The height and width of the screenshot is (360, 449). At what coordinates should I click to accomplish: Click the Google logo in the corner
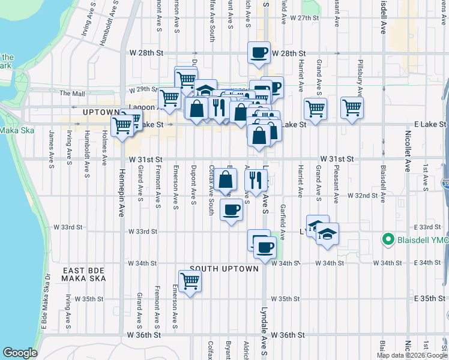(x=20, y=353)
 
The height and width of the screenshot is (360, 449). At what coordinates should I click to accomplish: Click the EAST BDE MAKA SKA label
(x=84, y=275)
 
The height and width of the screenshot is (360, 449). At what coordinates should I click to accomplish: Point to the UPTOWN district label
(x=102, y=112)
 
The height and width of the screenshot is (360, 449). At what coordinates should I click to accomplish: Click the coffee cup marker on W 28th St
(x=259, y=53)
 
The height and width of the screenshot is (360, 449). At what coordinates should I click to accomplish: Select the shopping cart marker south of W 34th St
(x=190, y=280)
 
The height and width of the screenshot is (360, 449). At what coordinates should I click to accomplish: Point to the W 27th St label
(x=302, y=18)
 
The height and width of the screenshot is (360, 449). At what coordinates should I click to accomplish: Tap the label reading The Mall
(x=73, y=94)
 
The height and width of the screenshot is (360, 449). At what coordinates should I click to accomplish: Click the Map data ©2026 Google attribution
(x=411, y=355)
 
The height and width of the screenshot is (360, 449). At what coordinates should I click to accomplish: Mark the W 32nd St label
(x=365, y=196)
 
